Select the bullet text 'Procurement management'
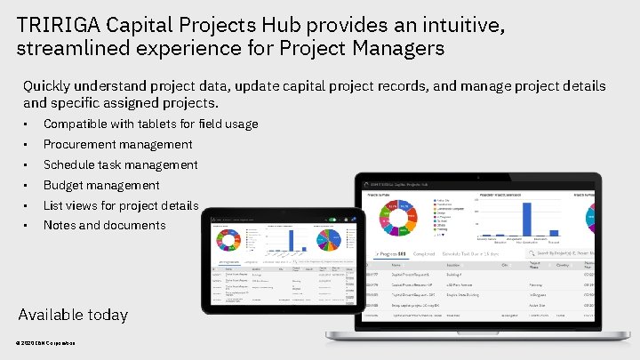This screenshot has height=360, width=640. click(x=117, y=144)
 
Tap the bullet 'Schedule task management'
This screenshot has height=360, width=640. click(x=120, y=164)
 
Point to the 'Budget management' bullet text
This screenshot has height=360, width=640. click(x=101, y=185)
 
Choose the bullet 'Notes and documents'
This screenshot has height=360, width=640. click(x=104, y=225)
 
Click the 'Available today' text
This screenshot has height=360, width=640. click(x=73, y=315)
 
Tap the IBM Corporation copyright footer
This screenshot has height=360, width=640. click(x=45, y=344)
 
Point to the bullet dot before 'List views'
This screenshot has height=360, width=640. click(x=28, y=205)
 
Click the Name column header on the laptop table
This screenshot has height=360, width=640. click(x=396, y=264)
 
